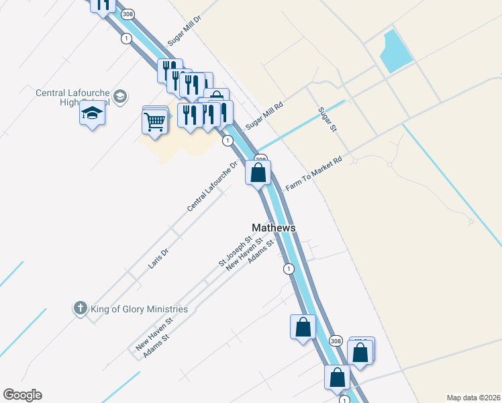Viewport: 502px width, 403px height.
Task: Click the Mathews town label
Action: point(273,228)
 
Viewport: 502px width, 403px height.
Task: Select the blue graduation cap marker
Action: point(92,114)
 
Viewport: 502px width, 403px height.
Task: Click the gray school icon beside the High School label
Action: point(120,96)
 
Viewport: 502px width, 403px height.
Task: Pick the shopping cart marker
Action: point(155,122)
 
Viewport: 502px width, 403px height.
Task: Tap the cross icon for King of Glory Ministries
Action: point(80,308)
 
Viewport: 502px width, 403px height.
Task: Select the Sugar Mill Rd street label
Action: point(264,116)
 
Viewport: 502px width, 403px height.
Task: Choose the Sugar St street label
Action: point(327,120)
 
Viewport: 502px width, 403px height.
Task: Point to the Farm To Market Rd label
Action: point(314,173)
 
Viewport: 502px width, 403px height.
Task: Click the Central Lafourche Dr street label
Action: point(213,186)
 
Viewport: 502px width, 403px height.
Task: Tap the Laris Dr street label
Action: point(158,259)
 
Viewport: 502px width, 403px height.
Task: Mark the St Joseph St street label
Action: point(235,250)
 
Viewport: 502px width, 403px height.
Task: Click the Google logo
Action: point(22,395)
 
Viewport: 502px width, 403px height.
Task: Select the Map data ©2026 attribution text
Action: point(473,398)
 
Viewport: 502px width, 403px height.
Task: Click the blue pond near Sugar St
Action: point(396,52)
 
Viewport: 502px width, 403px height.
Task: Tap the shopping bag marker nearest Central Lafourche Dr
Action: point(258,173)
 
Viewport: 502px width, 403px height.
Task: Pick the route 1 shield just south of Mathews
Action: point(289,269)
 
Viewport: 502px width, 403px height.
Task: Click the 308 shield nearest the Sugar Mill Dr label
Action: point(127,13)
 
